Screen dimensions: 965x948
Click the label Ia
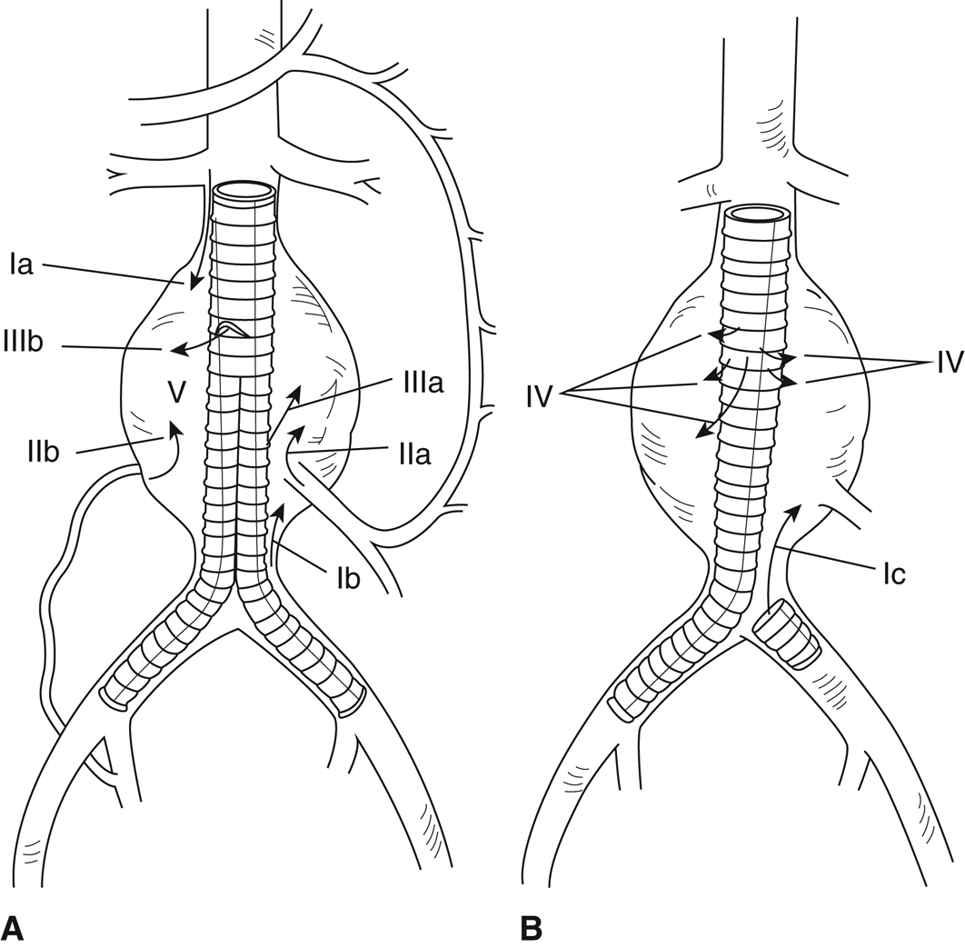22,266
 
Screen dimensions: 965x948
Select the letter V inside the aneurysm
176,392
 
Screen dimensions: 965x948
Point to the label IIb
43,453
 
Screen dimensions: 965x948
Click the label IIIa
419,384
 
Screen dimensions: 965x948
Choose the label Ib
348,579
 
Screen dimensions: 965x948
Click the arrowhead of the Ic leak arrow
795,508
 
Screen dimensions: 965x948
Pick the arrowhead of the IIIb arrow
178,350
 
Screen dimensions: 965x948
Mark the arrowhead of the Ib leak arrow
281,510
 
